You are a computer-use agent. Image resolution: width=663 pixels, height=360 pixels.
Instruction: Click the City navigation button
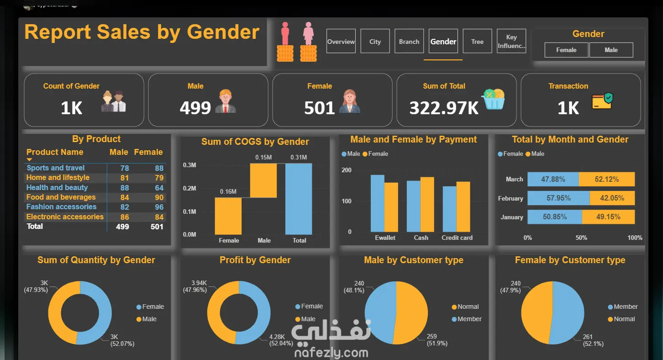click(375, 41)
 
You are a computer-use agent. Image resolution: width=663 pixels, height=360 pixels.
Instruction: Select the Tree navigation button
click(477, 41)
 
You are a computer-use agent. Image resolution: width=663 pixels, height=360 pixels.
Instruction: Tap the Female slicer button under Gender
click(566, 50)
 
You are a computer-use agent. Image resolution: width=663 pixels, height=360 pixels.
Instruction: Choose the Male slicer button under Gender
click(611, 50)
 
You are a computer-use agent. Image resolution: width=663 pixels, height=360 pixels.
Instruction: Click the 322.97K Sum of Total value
click(444, 108)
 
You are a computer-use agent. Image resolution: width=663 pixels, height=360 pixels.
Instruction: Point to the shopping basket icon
click(494, 99)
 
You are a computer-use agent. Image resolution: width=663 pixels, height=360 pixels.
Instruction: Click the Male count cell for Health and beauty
click(125, 188)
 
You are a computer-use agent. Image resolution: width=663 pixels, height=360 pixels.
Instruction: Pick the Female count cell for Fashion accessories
click(159, 207)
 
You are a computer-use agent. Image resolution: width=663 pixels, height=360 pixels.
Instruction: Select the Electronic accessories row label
click(65, 217)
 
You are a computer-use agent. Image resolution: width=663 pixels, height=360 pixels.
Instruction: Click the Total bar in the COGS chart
click(299, 199)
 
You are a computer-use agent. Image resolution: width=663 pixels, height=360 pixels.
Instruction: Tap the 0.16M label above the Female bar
click(228, 191)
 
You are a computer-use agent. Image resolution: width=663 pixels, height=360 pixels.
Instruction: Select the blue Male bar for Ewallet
click(377, 203)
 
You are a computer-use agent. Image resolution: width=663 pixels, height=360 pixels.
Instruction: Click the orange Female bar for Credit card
click(463, 206)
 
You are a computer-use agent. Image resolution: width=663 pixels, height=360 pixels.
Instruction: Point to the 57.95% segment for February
click(558, 198)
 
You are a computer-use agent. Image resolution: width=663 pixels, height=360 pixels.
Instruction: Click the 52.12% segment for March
click(607, 179)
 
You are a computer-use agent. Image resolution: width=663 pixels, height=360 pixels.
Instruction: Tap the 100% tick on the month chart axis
click(635, 238)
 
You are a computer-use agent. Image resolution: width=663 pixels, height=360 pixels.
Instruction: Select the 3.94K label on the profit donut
click(199, 283)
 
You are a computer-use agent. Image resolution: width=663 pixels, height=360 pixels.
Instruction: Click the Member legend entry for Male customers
click(467, 319)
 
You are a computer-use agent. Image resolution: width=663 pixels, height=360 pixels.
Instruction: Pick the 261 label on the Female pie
click(588, 337)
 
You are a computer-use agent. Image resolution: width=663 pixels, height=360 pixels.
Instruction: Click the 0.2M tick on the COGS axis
click(189, 188)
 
